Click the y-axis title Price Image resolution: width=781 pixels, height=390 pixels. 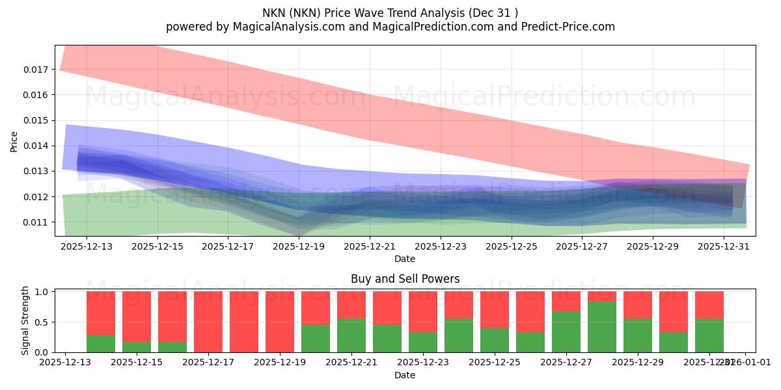point(14,141)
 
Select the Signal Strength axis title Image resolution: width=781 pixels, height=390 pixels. point(25,320)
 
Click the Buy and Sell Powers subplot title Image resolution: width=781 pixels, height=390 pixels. point(405,279)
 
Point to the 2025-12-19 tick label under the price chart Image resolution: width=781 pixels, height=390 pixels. point(299,247)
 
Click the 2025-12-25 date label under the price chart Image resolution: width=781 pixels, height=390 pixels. point(511,247)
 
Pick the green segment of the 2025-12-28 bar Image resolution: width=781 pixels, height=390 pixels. point(602,327)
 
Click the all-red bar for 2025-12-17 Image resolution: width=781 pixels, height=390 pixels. point(208,322)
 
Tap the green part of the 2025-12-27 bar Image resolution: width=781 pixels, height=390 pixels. point(566,331)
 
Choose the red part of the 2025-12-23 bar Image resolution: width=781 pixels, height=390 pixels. point(423,311)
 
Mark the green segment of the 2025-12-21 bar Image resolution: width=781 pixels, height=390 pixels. point(351,335)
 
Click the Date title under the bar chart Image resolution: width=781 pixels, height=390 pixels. point(405,375)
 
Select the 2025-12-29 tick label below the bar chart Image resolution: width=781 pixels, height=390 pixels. point(638,363)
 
